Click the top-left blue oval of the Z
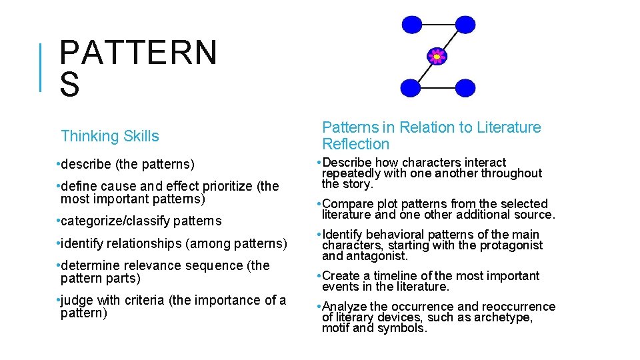coord(411,25)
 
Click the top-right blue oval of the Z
coord(465,25)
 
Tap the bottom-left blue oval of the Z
coord(410,87)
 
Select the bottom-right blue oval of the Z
coord(464,87)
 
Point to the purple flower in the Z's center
coord(437,57)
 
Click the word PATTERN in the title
coord(138,53)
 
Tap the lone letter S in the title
coord(69,85)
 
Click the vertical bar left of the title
coord(41,67)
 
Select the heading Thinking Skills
coord(110,136)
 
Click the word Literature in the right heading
coord(509,127)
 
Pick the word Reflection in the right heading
coord(355,144)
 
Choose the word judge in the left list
coord(77,300)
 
